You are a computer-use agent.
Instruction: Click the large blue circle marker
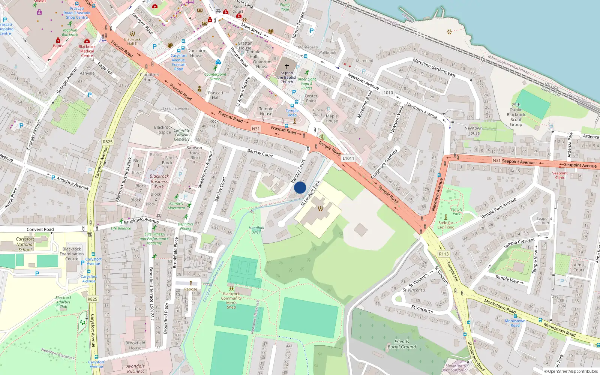tap(300, 187)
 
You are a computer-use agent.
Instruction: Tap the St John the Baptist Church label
tap(287, 78)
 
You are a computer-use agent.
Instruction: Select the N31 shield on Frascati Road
tap(256, 129)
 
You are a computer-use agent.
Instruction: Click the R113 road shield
tap(444, 254)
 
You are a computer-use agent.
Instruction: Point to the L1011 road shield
tap(348, 158)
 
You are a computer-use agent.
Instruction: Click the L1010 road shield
tap(387, 93)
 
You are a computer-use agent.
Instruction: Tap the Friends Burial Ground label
tap(402, 344)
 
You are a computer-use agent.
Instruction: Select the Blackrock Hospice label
tap(163, 130)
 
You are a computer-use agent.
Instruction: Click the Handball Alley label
tap(256, 230)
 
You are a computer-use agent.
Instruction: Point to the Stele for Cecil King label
tap(446, 225)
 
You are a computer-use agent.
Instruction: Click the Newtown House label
tap(474, 130)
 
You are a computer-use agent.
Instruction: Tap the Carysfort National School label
tap(25, 244)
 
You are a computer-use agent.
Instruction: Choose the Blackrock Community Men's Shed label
tap(231, 300)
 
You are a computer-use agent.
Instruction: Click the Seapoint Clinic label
tap(559, 175)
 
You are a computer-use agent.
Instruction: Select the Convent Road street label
tap(40, 229)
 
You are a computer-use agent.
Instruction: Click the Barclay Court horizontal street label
tap(260, 153)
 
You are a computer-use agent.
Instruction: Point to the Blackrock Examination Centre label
tap(72, 254)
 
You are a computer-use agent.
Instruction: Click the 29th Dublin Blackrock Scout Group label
tap(516, 115)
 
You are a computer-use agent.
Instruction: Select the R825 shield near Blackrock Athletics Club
tap(92, 299)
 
